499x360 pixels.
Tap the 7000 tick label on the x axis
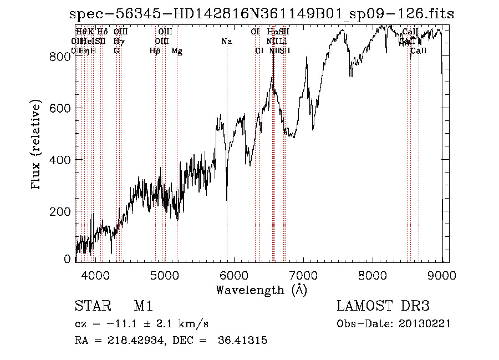pyautogui.click(x=303, y=274)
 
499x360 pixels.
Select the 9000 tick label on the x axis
pyautogui.click(x=442, y=274)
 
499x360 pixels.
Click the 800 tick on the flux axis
pyautogui.click(x=75, y=56)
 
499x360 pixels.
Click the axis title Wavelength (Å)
pyautogui.click(x=261, y=290)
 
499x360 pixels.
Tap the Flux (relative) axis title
pyautogui.click(x=37, y=145)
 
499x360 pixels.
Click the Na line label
pyautogui.click(x=226, y=42)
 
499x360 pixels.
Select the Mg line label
pyautogui.click(x=177, y=51)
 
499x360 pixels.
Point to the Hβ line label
pyautogui.click(x=155, y=51)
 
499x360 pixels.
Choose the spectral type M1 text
pyautogui.click(x=143, y=306)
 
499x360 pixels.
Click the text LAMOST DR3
pyautogui.click(x=383, y=306)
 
